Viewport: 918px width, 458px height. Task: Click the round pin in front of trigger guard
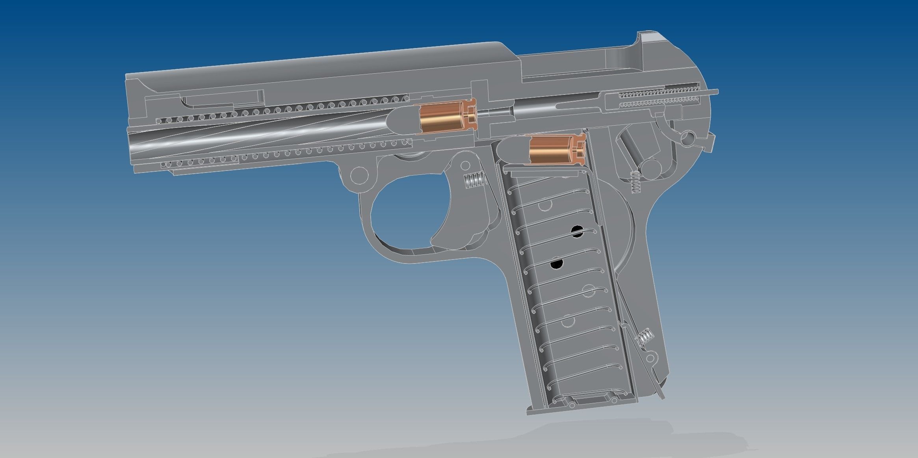[359, 173]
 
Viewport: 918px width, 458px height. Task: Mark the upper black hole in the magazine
[577, 231]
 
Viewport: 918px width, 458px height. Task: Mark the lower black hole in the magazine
[557, 263]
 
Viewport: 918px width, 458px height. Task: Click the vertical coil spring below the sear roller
[634, 183]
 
